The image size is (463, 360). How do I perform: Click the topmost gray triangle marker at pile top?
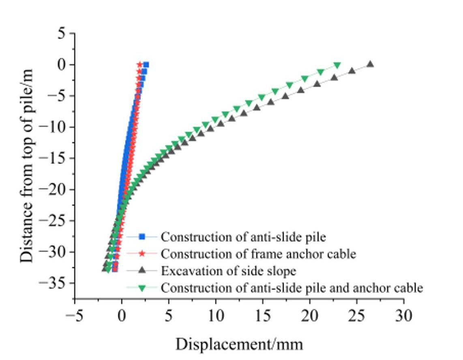[370, 64]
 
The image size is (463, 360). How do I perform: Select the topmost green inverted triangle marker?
[337, 65]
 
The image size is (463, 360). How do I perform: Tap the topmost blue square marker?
[146, 65]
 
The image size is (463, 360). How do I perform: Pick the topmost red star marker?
[139, 65]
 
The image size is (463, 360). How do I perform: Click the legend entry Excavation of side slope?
[228, 271]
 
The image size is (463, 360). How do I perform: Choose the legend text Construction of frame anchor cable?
[258, 254]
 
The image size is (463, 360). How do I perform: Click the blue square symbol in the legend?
[141, 236]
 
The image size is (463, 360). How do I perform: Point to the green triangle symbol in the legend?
[141, 288]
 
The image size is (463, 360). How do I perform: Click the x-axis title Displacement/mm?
[239, 344]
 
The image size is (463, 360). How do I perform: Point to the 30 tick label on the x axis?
[403, 315]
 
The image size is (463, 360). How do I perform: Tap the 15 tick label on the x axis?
[262, 315]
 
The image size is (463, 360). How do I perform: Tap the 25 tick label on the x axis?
[356, 315]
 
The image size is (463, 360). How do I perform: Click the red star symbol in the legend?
[141, 254]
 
